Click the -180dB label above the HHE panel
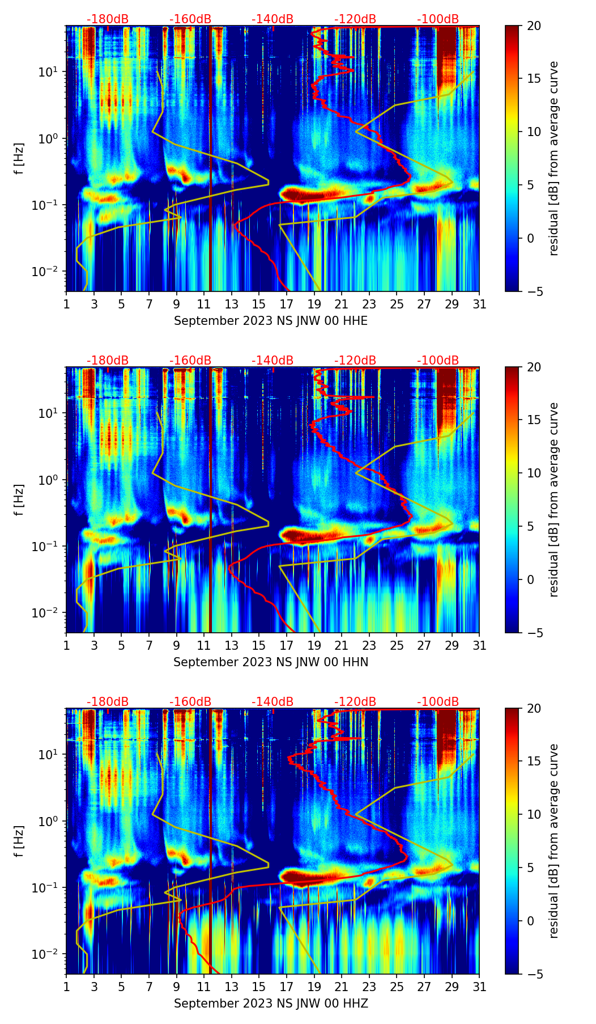108,19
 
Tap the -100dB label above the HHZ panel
438,702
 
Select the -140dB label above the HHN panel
273,361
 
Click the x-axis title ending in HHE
271,321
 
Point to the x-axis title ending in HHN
271,662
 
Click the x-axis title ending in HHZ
271,1004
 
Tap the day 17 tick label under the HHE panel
287,304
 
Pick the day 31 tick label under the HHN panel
479,646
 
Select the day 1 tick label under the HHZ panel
66,987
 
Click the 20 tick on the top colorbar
534,26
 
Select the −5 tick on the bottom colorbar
534,974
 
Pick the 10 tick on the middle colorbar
534,473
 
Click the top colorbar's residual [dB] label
554,158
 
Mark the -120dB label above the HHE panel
355,19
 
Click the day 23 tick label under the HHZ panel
369,987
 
